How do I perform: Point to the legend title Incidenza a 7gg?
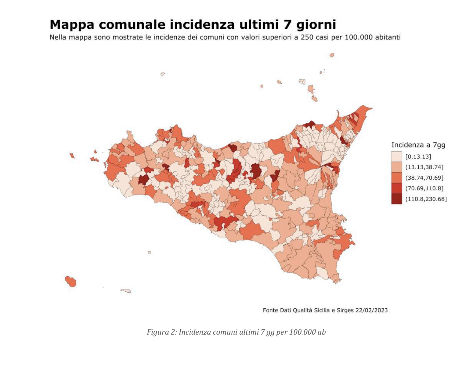click(418, 145)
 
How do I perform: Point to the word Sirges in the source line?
click(345, 310)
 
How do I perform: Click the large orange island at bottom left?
click(71, 281)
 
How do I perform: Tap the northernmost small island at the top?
click(332, 55)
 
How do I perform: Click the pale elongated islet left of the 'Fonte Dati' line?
click(126, 291)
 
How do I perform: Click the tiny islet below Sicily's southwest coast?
click(149, 252)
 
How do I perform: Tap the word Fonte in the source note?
click(270, 310)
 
